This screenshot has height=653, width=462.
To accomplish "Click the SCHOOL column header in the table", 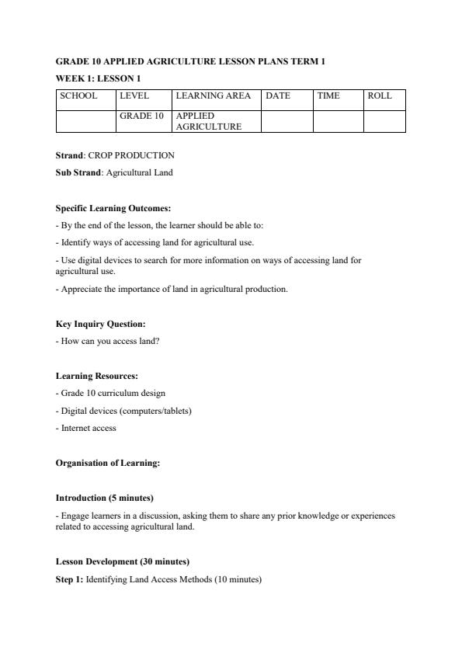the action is [78, 96].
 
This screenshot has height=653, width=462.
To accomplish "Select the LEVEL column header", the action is [134, 96].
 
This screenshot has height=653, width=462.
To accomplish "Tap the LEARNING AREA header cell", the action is [214, 96].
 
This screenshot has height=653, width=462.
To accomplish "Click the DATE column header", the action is [278, 96].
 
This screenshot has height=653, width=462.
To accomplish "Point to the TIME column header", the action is [328, 96].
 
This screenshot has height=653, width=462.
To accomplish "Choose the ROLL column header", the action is [380, 96].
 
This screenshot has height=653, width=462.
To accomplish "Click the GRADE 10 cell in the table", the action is [141, 116].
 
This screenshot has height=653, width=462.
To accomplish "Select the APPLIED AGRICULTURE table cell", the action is [209, 121].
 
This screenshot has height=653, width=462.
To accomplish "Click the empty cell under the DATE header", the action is [287, 121].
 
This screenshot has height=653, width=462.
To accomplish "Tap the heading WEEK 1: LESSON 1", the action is [97, 78].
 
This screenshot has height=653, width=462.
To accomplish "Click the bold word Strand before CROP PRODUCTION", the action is [70, 155].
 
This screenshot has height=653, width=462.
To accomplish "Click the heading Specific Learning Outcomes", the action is [113, 208].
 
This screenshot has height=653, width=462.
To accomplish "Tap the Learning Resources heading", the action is [97, 376].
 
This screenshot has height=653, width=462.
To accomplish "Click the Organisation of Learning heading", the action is [108, 463].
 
